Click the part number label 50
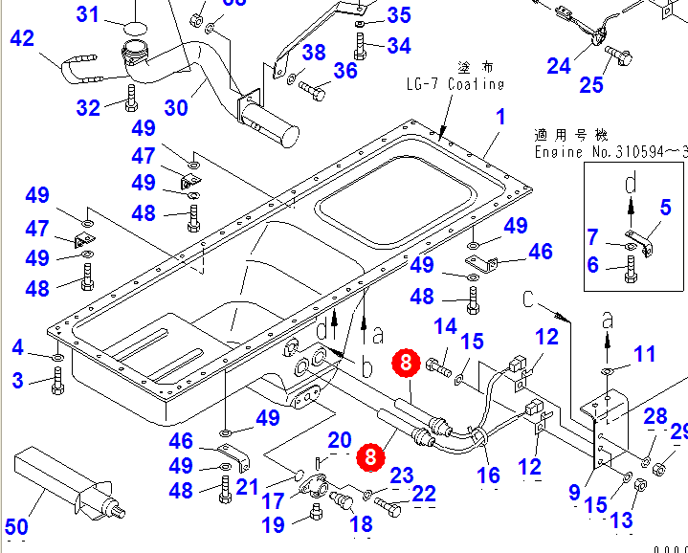[17, 527]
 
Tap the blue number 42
[21, 39]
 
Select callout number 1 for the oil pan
[499, 118]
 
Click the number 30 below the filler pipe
[176, 107]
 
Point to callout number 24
[559, 66]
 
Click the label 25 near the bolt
[591, 84]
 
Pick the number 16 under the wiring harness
[488, 475]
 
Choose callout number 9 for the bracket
[574, 492]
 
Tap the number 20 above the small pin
[340, 441]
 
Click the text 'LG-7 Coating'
[454, 84]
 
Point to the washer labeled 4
[55, 358]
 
